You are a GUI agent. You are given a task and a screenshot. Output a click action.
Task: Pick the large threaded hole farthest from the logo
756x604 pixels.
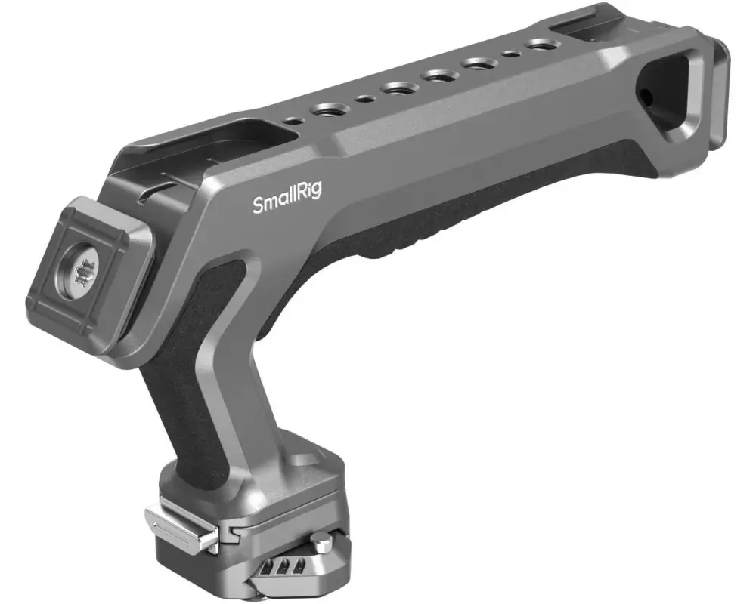[x=538, y=46]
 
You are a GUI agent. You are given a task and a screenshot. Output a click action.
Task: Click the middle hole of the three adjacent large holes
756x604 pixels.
[x=438, y=75]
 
